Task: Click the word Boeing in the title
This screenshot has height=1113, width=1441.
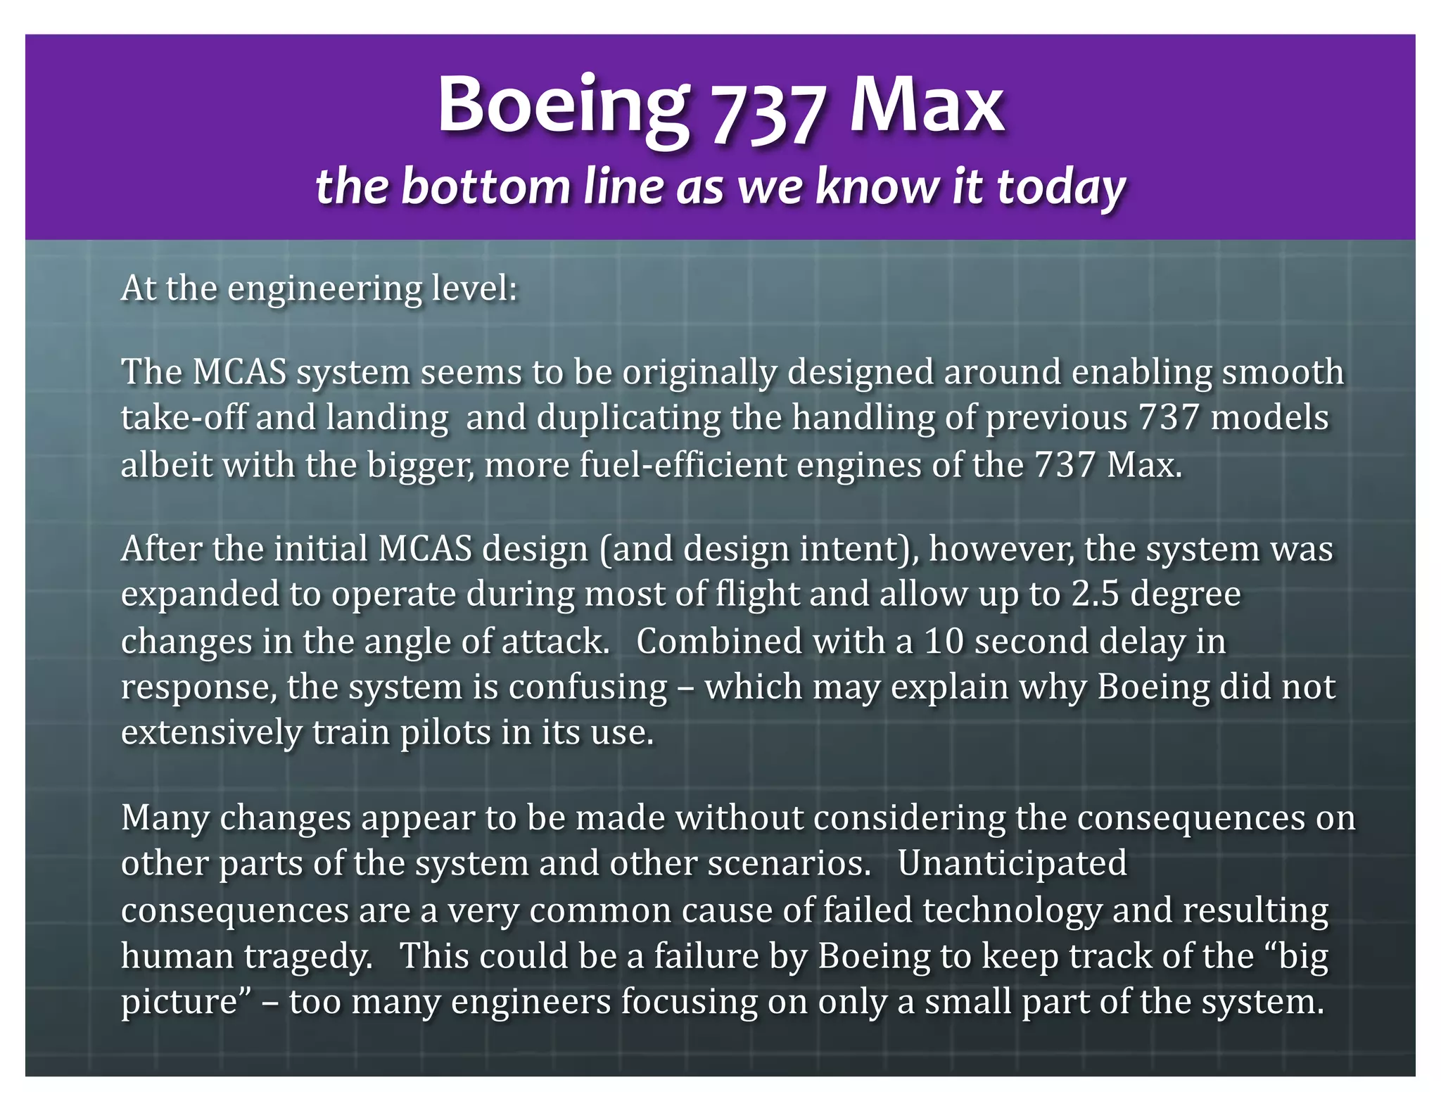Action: pos(563,106)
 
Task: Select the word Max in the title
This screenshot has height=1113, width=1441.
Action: pos(927,106)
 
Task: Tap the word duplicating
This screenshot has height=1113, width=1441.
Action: pos(628,418)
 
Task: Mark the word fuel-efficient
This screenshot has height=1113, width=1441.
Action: pos(683,465)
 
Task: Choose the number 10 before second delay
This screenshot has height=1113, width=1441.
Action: pos(944,642)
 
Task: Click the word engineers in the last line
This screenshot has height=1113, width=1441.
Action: pos(531,1002)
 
